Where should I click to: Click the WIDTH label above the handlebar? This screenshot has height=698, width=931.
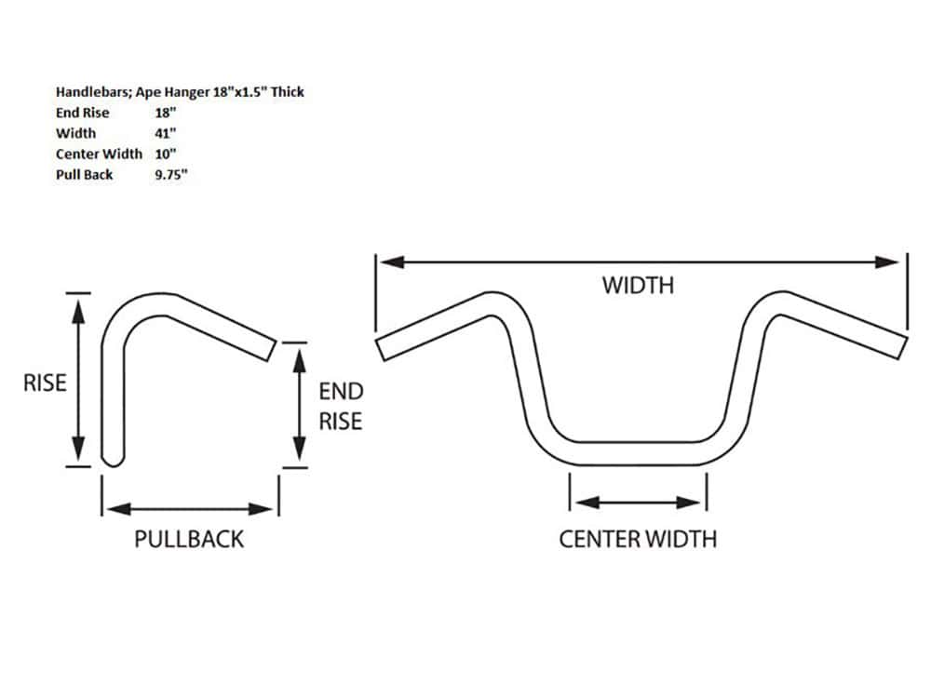[637, 285]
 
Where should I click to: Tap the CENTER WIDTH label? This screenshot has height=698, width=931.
[638, 539]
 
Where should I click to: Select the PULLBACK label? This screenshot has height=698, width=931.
[189, 539]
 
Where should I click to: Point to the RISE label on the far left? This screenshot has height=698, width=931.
[45, 383]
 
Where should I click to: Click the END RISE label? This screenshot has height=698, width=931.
[341, 406]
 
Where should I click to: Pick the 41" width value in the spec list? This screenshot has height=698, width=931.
[167, 133]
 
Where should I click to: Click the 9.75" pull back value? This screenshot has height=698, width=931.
[172, 174]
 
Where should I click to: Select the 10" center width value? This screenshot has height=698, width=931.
[167, 154]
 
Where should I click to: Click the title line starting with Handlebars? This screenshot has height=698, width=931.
[180, 92]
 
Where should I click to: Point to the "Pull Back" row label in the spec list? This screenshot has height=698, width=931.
[84, 174]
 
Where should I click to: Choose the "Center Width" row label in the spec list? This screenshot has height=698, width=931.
[99, 154]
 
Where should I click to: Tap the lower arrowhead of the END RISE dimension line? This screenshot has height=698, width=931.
[297, 455]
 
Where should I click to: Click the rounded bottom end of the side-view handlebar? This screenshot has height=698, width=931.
[112, 458]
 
